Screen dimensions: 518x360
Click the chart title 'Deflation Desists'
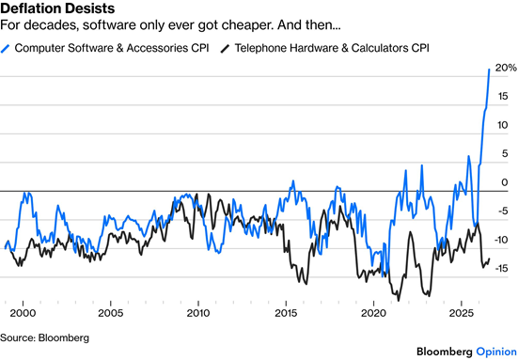pyautogui.click(x=57, y=8)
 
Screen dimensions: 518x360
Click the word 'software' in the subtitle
pyautogui.click(x=108, y=25)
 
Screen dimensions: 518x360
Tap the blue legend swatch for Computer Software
pyautogui.click(x=5, y=49)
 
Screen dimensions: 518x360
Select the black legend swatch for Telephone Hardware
pyautogui.click(x=225, y=49)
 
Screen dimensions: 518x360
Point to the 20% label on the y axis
pyautogui.click(x=506, y=68)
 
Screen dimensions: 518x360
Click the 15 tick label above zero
pyautogui.click(x=503, y=97)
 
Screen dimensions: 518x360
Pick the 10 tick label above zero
pyautogui.click(x=502, y=125)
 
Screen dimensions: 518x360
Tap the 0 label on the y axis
pyautogui.click(x=504, y=182)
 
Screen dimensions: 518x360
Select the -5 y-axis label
pyautogui.click(x=501, y=211)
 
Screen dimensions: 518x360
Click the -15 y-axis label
pyautogui.click(x=501, y=269)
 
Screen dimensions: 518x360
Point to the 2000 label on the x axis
pyautogui.click(x=23, y=313)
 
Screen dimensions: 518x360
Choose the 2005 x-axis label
pyautogui.click(x=110, y=313)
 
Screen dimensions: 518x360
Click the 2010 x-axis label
pyautogui.click(x=198, y=313)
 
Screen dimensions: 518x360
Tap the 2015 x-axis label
pyautogui.click(x=286, y=313)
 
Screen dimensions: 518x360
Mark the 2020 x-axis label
pyautogui.click(x=373, y=313)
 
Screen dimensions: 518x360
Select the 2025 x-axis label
pyautogui.click(x=462, y=313)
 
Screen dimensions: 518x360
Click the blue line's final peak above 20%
pyautogui.click(x=489, y=69)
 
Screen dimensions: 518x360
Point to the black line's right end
pyautogui.click(x=489, y=258)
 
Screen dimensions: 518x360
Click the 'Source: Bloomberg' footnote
pyautogui.click(x=44, y=337)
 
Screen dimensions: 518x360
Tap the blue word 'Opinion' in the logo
pyautogui.click(x=496, y=352)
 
